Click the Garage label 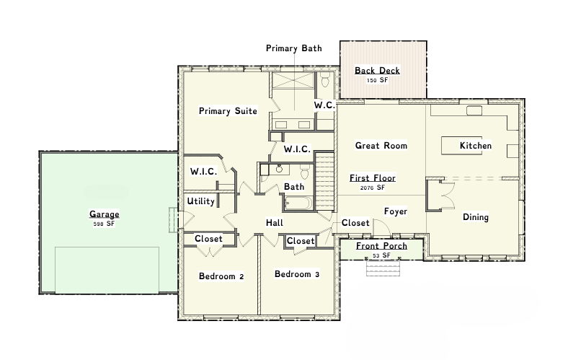[105, 214]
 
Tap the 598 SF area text [104, 224]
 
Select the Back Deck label [377, 70]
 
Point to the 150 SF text [377, 80]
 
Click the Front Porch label [381, 246]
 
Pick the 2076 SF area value [373, 188]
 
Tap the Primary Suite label [228, 111]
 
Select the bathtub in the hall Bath [298, 203]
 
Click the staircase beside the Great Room [324, 181]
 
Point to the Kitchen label [476, 146]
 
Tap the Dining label [476, 217]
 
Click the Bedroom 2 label [221, 276]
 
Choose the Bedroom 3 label [297, 274]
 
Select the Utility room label [200, 201]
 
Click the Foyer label [396, 211]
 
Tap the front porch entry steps [383, 268]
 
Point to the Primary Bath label [294, 48]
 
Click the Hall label [274, 223]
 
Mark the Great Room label [381, 146]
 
